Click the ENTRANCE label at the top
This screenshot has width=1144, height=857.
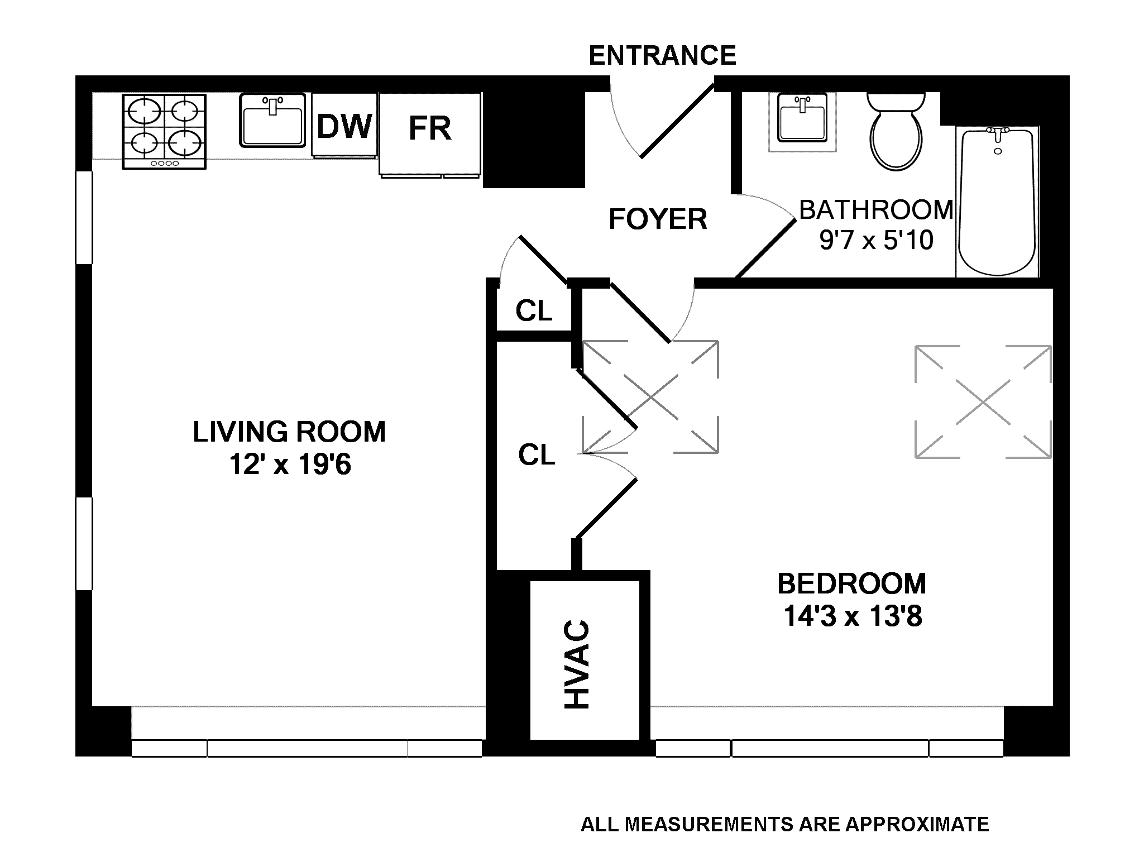[662, 55]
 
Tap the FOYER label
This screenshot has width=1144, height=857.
[658, 219]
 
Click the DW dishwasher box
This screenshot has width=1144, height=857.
[344, 126]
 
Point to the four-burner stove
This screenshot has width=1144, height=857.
[164, 132]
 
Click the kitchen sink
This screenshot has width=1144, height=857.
[273, 121]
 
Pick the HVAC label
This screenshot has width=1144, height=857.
[578, 664]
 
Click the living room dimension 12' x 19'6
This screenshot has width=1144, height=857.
[290, 465]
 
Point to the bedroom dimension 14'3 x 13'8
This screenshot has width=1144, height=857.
[853, 617]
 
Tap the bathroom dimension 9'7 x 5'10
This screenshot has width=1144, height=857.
[877, 241]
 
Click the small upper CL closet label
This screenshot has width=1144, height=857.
[534, 311]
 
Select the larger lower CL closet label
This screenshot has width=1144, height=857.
[537, 455]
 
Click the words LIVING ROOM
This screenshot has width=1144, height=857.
[289, 432]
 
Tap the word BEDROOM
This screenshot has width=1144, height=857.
[852, 584]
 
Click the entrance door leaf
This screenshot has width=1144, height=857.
[677, 121]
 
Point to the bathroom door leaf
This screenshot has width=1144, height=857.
[765, 248]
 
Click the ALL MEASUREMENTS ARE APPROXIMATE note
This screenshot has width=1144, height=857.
[785, 824]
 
